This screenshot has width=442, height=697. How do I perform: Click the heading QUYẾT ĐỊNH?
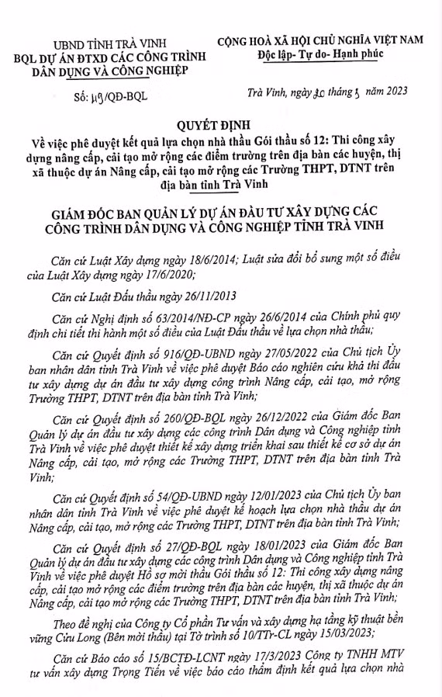coord(221,123)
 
